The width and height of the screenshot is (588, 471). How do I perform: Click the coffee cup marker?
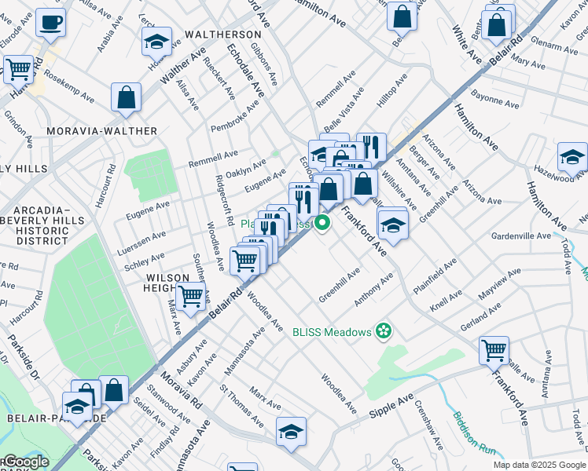click(x=51, y=24)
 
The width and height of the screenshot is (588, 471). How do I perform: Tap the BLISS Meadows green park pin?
click(x=384, y=331)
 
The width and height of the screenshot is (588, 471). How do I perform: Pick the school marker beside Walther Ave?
click(x=156, y=42)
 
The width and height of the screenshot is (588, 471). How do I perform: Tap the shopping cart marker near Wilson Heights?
click(x=190, y=296)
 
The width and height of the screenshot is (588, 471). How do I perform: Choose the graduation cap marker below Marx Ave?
click(x=290, y=431)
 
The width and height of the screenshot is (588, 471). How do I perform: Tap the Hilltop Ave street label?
click(x=391, y=91)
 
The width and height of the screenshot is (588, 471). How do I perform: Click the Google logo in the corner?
click(x=25, y=462)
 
